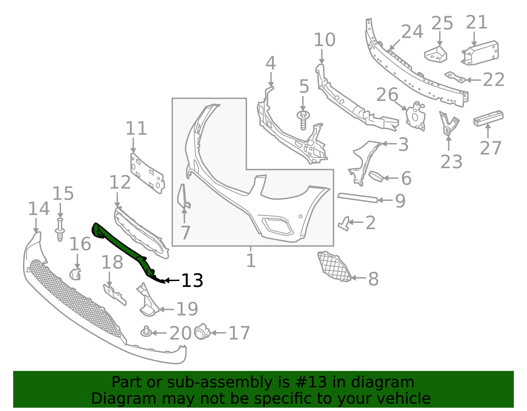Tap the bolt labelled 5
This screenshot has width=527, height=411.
point(303,120)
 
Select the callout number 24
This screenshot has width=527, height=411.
point(412,32)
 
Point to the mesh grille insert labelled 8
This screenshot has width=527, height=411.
point(334,267)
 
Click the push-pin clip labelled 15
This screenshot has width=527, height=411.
point(60,229)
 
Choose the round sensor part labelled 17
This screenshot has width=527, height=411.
point(203,332)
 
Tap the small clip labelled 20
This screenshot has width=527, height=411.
point(146,332)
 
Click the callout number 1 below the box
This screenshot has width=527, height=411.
point(251,261)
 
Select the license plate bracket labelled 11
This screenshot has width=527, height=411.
point(148,173)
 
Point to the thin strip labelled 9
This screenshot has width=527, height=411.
point(358,198)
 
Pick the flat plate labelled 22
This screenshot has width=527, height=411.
point(455,77)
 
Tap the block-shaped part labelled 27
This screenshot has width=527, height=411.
point(488,118)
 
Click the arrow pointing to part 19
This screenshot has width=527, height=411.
point(167,309)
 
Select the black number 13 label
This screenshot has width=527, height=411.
point(192,280)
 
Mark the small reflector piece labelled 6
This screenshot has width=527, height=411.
point(376,176)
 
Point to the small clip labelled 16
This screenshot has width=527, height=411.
point(75,274)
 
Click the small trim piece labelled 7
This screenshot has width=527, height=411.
point(183,197)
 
